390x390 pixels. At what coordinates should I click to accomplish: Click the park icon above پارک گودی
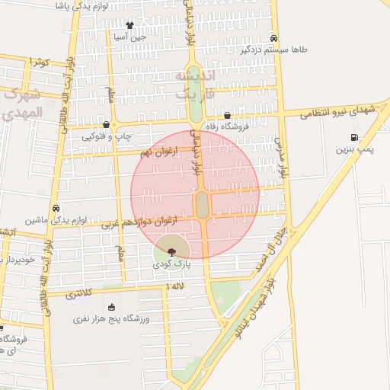(x=171, y=250)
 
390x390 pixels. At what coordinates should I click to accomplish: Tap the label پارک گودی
(x=171, y=264)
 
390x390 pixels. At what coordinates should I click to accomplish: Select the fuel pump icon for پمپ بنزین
(x=355, y=137)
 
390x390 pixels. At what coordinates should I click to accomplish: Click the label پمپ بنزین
(x=356, y=150)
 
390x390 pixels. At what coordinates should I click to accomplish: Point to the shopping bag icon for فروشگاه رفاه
(x=229, y=116)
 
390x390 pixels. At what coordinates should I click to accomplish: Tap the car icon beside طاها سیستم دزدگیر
(x=274, y=38)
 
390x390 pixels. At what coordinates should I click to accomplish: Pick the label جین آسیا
(x=129, y=37)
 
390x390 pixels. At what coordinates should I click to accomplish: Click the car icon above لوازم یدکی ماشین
(x=56, y=207)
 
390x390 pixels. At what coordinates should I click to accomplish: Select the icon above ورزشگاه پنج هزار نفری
(x=112, y=307)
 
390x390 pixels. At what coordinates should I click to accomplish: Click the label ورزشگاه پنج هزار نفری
(x=105, y=320)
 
